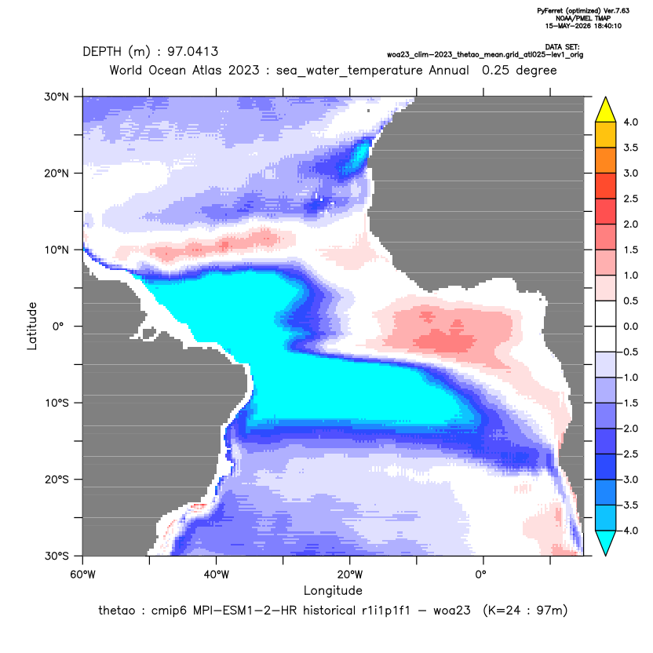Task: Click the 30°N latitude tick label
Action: (x=57, y=97)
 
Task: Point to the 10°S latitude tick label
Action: (x=57, y=403)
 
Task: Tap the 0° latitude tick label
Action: (x=58, y=326)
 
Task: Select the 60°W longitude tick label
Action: (x=83, y=575)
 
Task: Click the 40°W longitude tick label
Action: (x=216, y=575)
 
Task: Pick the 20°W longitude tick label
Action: (x=350, y=575)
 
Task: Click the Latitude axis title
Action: (x=32, y=326)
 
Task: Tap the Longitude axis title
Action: (x=333, y=590)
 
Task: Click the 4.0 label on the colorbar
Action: (x=630, y=122)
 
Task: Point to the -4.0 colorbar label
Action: (x=628, y=531)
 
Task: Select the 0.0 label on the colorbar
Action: (x=630, y=326)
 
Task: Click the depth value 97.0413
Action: (x=192, y=52)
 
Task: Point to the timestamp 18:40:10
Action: (x=604, y=26)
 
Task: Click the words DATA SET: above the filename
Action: (x=562, y=47)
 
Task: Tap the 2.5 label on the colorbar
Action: (x=630, y=199)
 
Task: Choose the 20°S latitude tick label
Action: (x=57, y=480)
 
